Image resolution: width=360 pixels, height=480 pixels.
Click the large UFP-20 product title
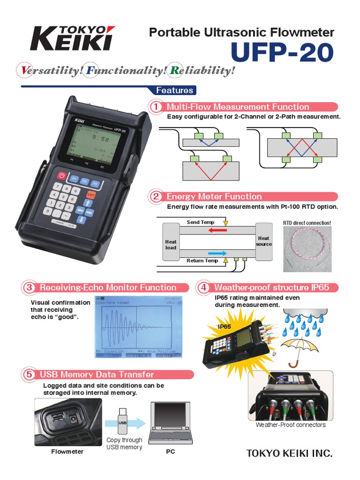[282, 53]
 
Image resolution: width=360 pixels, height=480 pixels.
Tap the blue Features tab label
[174, 90]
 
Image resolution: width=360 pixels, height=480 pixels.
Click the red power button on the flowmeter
[61, 176]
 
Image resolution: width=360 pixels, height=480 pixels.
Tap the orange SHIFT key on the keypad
[91, 194]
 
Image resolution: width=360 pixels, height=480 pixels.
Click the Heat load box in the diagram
[171, 241]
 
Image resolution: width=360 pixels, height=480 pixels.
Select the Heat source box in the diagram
[264, 241]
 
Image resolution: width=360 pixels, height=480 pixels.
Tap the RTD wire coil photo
[307, 249]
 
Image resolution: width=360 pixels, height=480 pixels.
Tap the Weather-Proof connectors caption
[290, 425]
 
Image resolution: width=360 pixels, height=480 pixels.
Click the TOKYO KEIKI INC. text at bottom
[289, 453]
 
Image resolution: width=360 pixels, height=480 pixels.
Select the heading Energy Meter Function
[214, 196]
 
